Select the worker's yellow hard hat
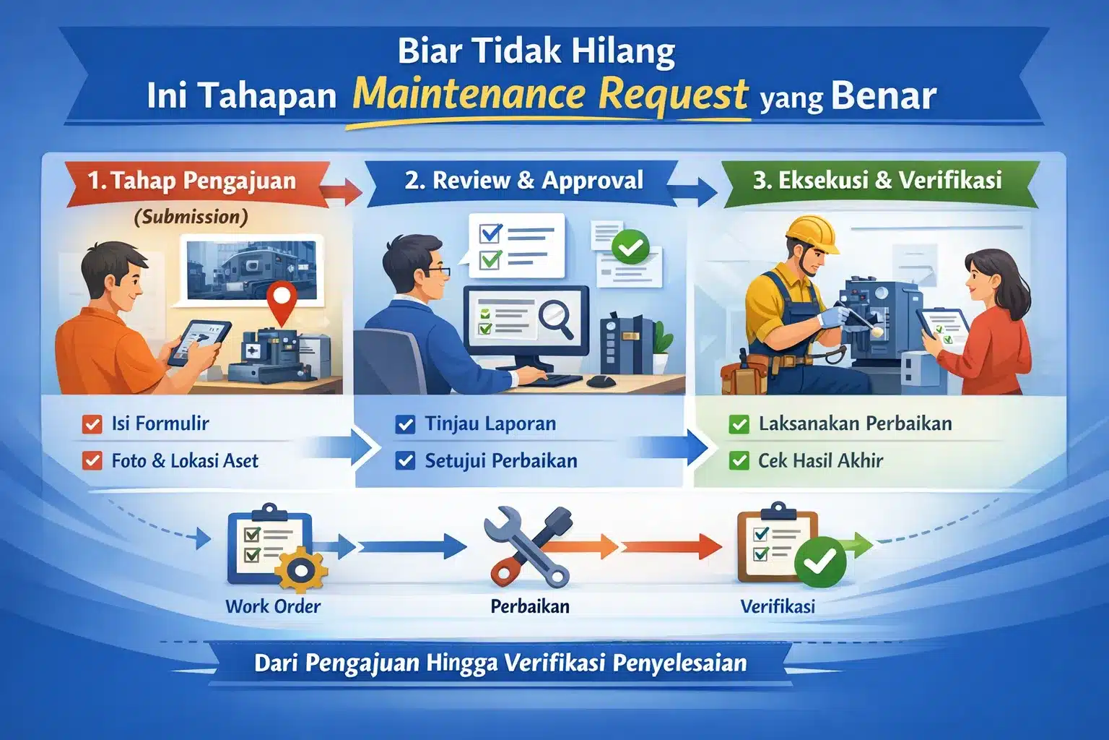tap(812, 234)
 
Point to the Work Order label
tap(273, 606)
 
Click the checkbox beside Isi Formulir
tap(92, 424)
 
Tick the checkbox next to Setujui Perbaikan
tap(405, 461)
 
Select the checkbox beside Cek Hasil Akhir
tap(739, 461)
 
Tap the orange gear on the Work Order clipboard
tap(301, 570)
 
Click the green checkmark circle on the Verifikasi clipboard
tap(820, 562)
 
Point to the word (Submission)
tap(191, 217)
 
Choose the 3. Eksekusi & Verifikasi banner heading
tap(877, 181)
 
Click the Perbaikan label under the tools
tap(530, 606)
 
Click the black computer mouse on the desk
tap(601, 382)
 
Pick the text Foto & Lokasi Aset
tap(185, 461)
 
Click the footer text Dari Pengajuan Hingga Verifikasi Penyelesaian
tap(500, 663)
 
